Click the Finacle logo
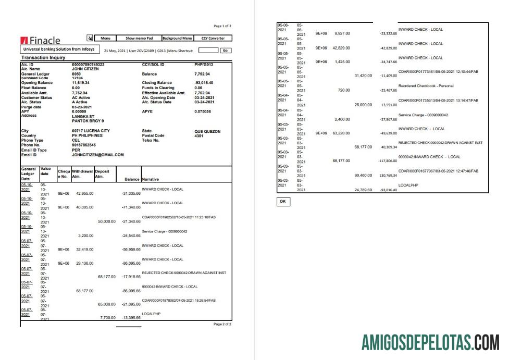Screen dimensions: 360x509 41,40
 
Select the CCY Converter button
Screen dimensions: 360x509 213,38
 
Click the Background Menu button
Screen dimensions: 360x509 177,38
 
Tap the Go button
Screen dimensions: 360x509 226,51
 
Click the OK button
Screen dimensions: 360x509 283,201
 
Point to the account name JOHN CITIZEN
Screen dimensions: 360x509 85,68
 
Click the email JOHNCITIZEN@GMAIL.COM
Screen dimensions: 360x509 98,155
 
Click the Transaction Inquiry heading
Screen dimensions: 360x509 43,58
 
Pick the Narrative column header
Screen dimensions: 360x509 152,179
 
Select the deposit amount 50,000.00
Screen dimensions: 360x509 106,221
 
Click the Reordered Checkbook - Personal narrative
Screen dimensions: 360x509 426,85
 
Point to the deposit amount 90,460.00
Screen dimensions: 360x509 363,175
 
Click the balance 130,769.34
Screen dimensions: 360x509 388,175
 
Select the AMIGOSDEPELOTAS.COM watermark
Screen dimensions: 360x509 430,344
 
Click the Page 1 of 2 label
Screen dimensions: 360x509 222,26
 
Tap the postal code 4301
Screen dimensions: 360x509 198,135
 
